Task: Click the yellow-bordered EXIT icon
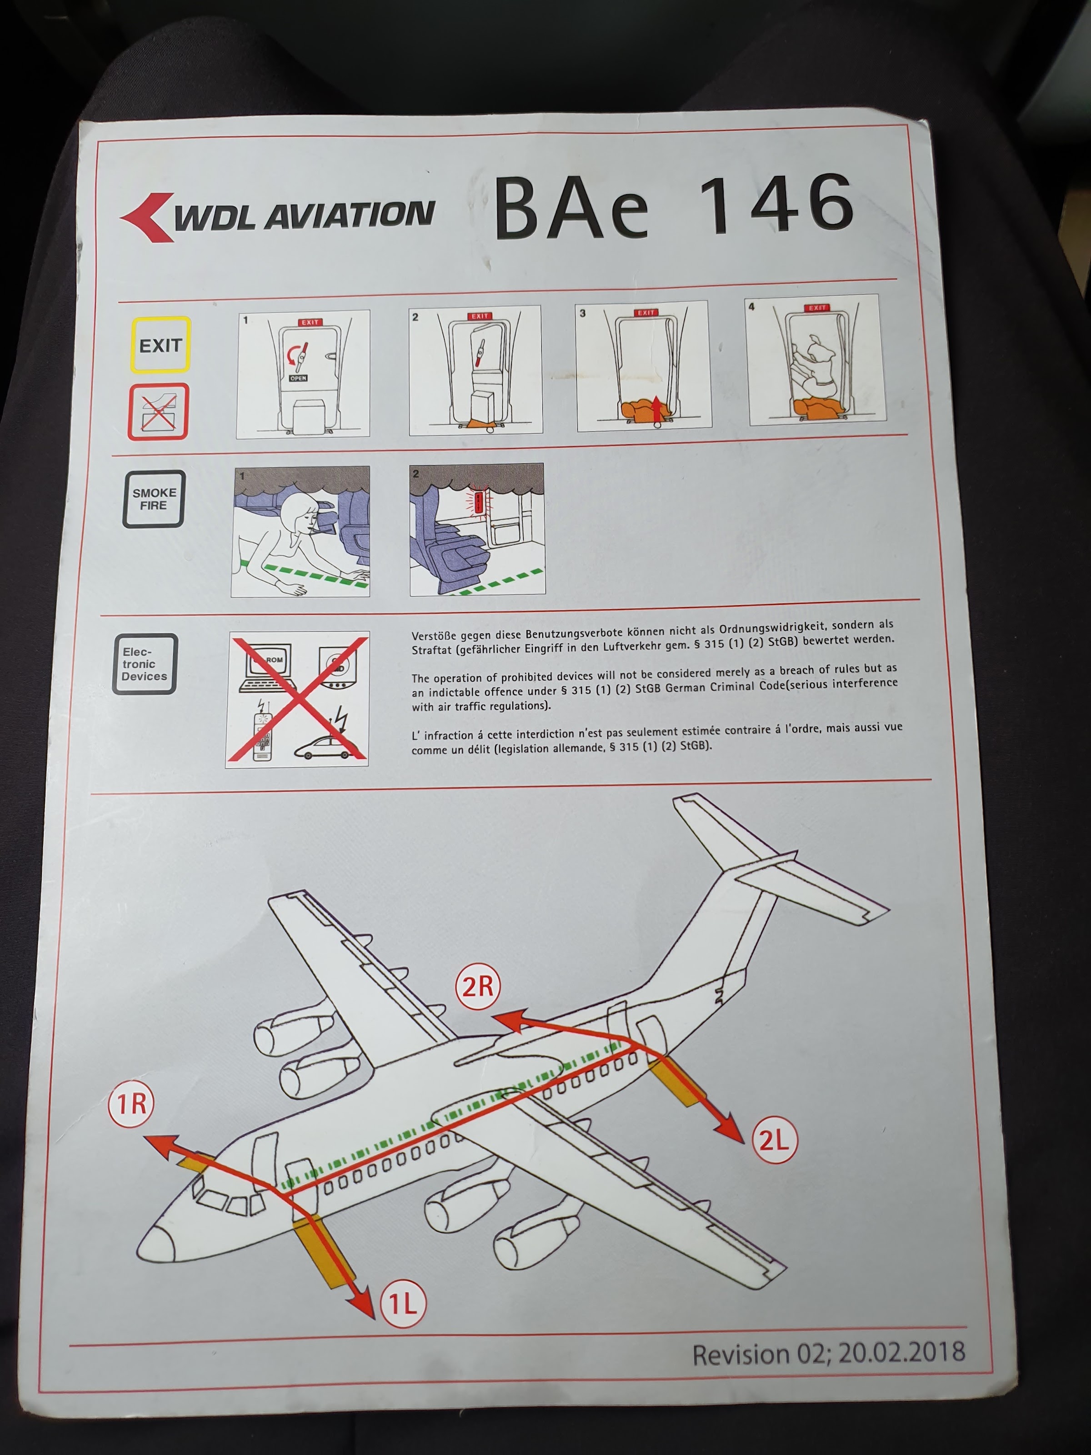(160, 345)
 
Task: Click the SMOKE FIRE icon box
(154, 499)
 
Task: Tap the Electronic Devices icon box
(145, 664)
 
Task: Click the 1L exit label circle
(402, 1303)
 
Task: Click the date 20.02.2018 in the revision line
(901, 1352)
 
